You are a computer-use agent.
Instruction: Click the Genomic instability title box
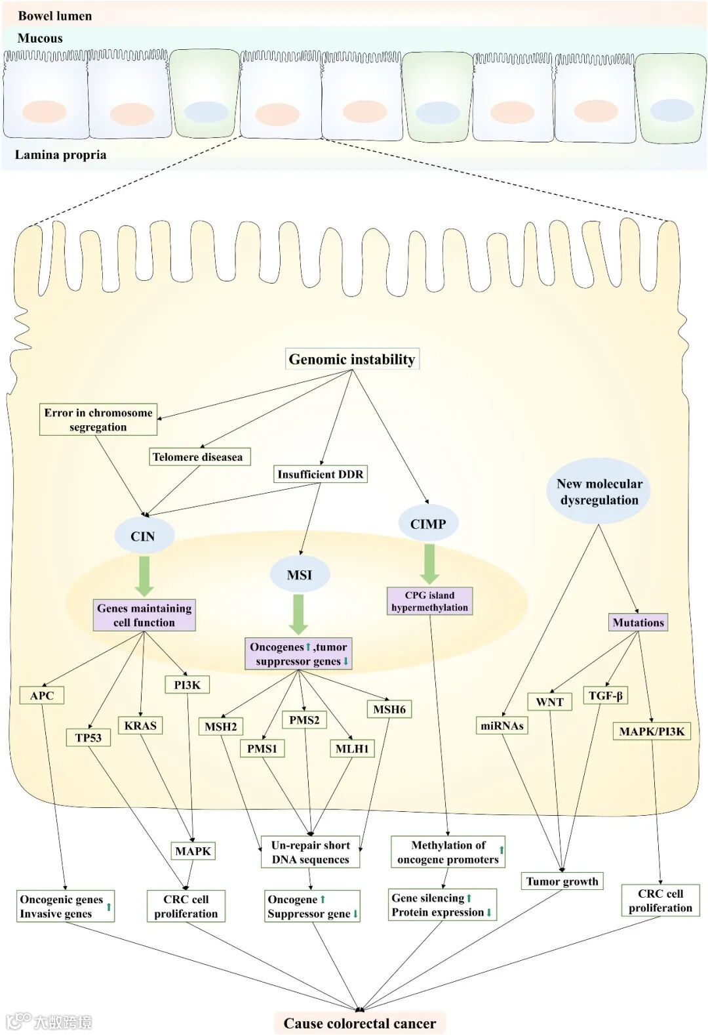click(x=352, y=359)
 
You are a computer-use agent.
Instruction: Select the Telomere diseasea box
click(x=197, y=457)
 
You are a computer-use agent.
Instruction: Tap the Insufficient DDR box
click(x=320, y=474)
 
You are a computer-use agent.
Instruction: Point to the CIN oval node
click(x=143, y=536)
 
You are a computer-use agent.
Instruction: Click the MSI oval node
click(x=299, y=575)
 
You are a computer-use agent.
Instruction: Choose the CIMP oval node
click(x=428, y=524)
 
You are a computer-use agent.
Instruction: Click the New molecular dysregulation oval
click(x=599, y=492)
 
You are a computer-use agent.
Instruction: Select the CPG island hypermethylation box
click(x=429, y=601)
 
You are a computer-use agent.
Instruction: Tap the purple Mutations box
click(x=638, y=622)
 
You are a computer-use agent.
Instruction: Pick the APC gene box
click(x=42, y=696)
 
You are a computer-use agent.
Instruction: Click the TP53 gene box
click(x=88, y=738)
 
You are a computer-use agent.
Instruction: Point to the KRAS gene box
click(x=140, y=725)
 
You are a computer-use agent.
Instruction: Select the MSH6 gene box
click(x=389, y=709)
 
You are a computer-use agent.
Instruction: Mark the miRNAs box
click(x=502, y=725)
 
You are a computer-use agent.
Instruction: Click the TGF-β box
click(x=605, y=696)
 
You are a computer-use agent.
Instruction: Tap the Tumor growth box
click(x=562, y=881)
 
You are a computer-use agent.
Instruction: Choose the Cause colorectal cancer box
click(x=359, y=1023)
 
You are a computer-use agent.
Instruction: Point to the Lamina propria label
click(x=60, y=155)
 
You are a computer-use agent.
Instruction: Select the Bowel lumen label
click(x=55, y=16)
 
